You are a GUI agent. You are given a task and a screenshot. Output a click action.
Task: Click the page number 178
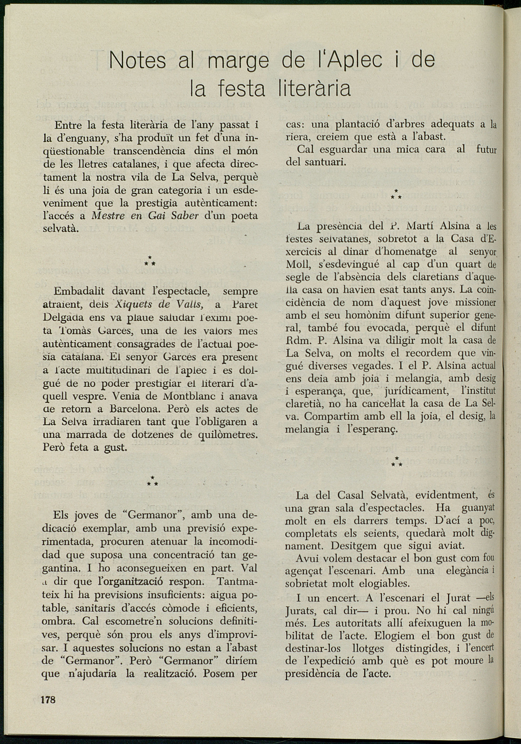48,700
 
